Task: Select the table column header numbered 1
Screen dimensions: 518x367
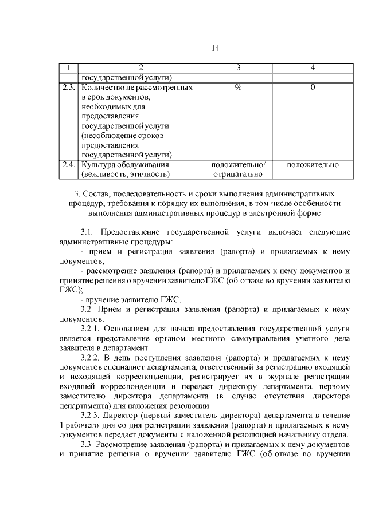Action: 69,68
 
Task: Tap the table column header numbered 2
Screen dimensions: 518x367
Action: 140,68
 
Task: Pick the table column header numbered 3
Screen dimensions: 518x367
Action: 238,68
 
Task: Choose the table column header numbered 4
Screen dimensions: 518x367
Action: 313,68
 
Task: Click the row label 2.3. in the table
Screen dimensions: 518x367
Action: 69,88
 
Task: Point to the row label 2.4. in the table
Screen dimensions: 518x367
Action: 69,165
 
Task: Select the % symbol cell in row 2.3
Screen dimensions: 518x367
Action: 238,88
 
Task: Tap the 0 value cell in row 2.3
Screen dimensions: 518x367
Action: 313,88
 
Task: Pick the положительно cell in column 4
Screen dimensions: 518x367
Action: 313,165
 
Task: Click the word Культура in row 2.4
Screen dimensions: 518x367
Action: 97,165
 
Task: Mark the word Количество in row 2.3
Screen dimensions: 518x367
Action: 103,88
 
